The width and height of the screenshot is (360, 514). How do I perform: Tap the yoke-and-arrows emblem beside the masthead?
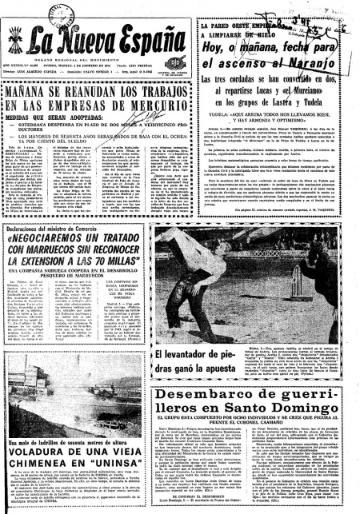pos(13,36)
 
